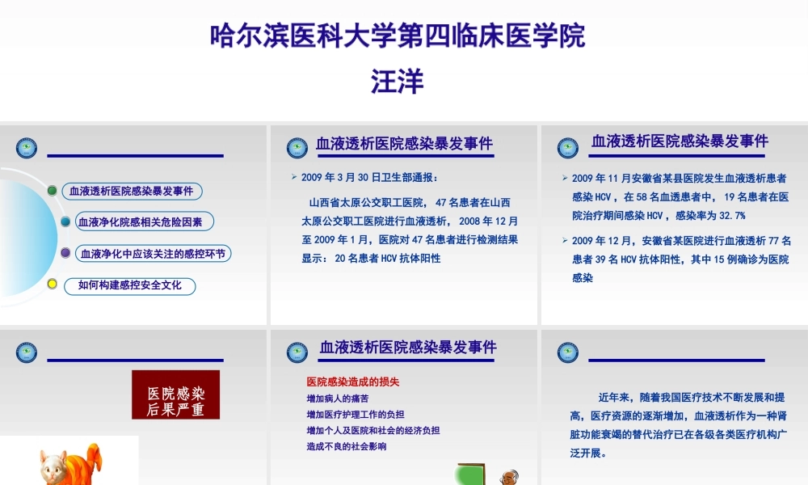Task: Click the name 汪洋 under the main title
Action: (x=398, y=82)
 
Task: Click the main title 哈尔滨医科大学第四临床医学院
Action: (x=398, y=36)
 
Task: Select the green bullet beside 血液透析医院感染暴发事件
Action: (x=53, y=191)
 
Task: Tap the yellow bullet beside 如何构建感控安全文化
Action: (x=53, y=284)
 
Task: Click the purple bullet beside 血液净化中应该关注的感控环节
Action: (x=65, y=253)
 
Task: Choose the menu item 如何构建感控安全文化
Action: (x=129, y=285)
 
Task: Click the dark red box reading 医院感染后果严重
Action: (x=175, y=394)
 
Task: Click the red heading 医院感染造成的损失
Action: (x=353, y=382)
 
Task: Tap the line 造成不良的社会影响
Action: (x=346, y=446)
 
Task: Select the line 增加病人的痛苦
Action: (x=338, y=399)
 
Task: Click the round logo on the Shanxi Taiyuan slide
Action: (x=297, y=148)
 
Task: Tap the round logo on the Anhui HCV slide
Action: (x=568, y=148)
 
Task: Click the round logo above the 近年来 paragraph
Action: (x=568, y=352)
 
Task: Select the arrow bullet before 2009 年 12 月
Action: (x=565, y=240)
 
